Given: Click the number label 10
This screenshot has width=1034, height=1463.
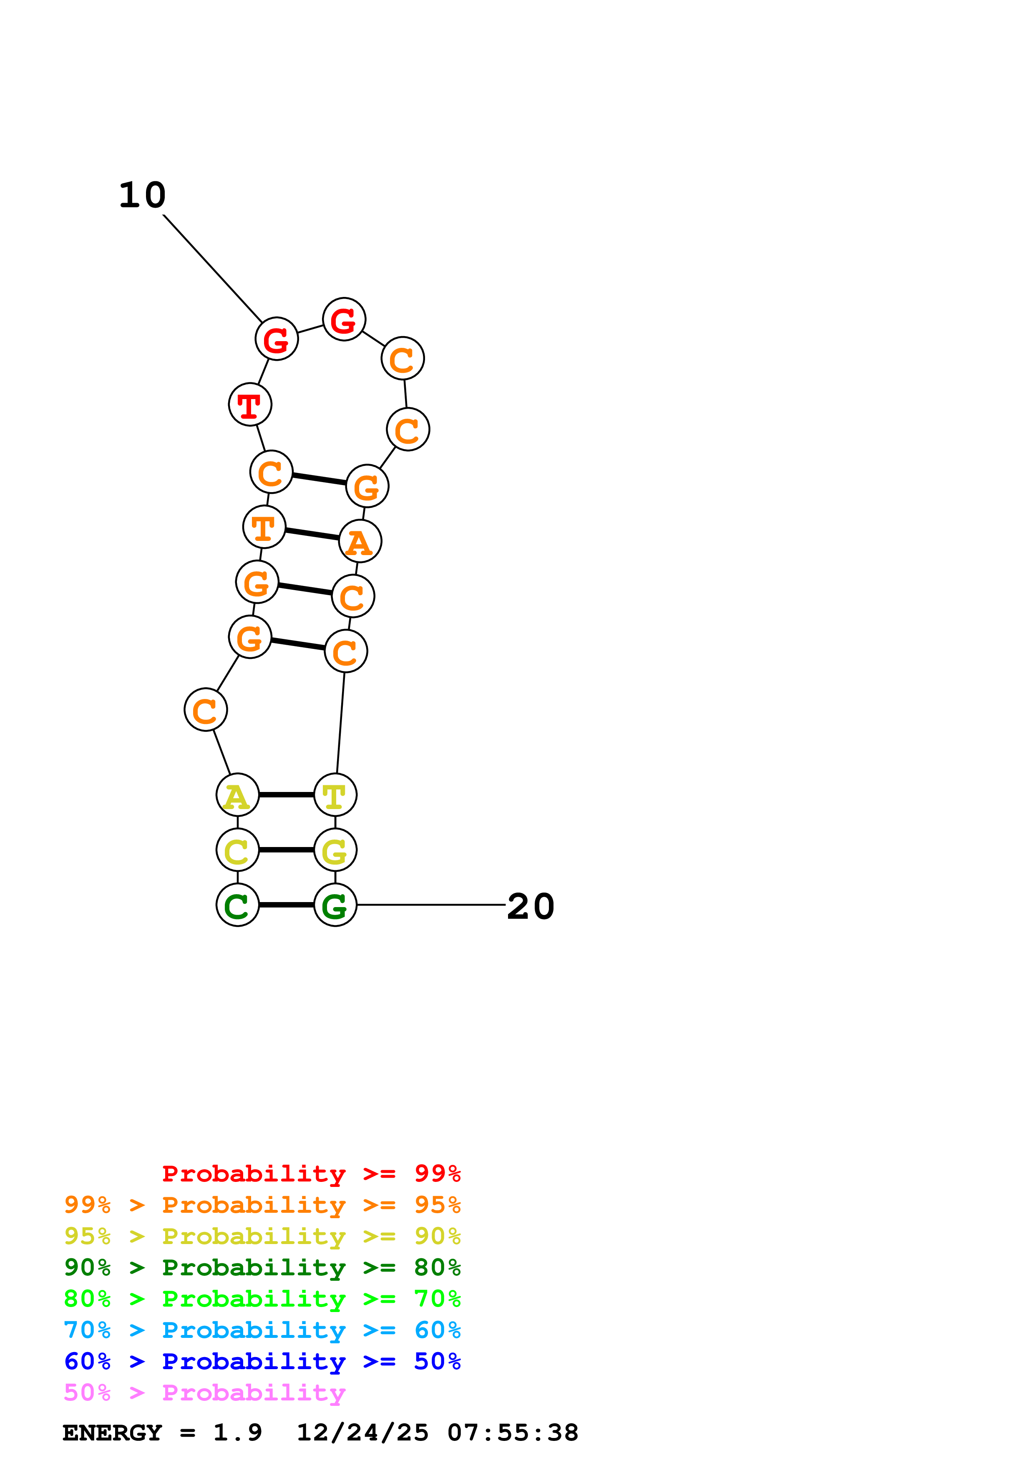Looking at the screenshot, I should [x=142, y=195].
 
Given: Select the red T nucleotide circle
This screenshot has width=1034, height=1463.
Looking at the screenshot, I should [x=250, y=405].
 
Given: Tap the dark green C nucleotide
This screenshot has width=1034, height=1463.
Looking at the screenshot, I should [x=238, y=905].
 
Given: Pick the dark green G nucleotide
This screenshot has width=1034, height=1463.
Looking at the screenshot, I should [x=335, y=905].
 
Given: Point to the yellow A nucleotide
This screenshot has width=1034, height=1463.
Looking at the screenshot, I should [x=238, y=795].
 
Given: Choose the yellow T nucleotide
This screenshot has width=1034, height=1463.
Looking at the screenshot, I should [x=335, y=795].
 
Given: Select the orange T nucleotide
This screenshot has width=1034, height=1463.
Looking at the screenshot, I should [x=264, y=527].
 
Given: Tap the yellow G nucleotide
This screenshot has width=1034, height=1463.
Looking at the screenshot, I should [x=335, y=850].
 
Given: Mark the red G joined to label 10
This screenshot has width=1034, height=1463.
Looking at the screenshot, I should [x=277, y=339].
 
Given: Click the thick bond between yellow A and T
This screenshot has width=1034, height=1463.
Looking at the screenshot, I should [x=287, y=795].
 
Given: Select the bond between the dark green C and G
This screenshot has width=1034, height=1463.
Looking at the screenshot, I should [x=287, y=905].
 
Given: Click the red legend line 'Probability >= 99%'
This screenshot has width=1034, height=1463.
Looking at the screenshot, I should [x=311, y=1174].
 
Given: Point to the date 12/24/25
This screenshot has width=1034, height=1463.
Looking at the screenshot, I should [x=362, y=1433].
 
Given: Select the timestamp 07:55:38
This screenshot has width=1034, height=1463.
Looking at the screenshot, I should [x=513, y=1433].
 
